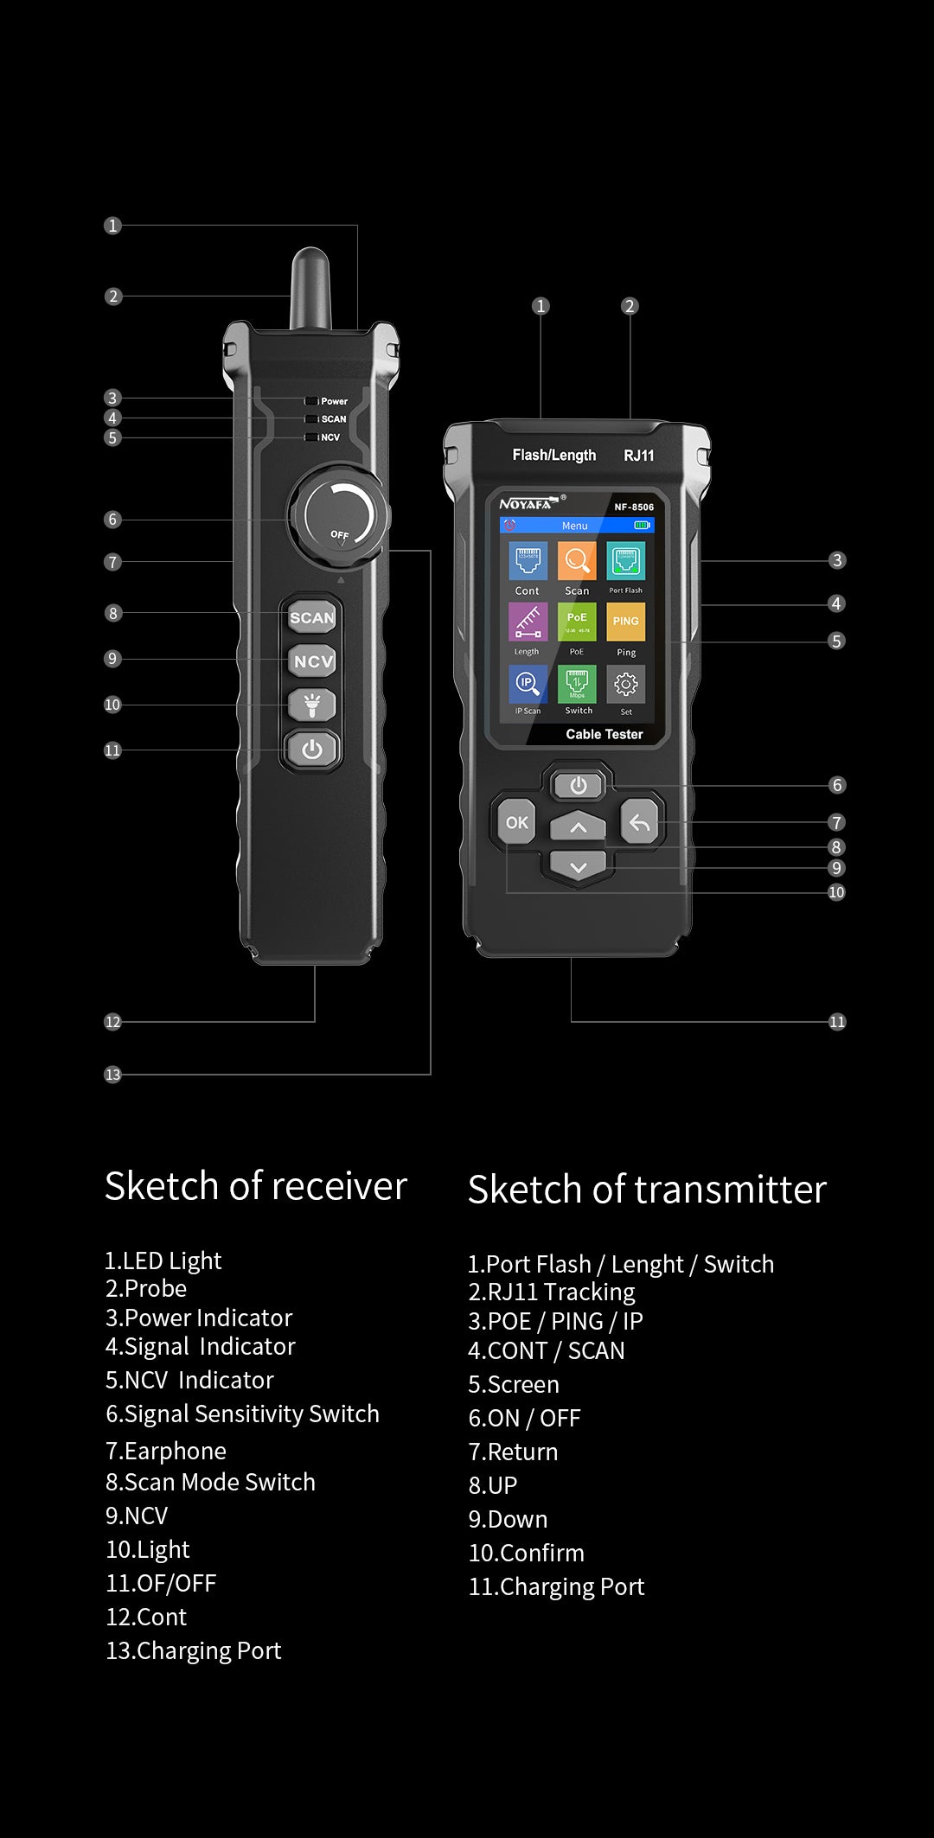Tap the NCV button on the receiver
tap(312, 661)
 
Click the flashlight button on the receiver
tap(312, 705)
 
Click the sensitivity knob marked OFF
tap(338, 517)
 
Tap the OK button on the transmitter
tap(517, 822)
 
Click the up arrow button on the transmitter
tap(578, 827)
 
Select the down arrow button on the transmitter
tap(578, 867)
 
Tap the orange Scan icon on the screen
tap(577, 561)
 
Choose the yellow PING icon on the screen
tap(626, 622)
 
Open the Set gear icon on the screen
tap(626, 685)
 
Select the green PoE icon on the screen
tap(577, 622)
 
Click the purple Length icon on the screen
tap(528, 622)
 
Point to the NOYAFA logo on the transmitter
tap(526, 504)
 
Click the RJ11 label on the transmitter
tap(639, 456)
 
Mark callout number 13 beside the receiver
tap(112, 1075)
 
